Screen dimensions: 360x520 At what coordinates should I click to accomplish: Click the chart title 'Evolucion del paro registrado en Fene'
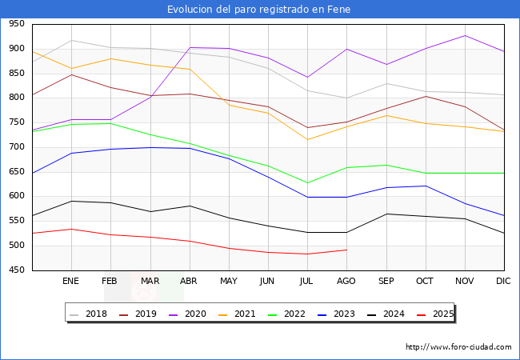point(259,10)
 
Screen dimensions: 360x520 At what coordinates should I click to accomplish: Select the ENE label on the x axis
point(71,281)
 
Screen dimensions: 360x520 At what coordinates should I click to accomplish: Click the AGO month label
point(346,281)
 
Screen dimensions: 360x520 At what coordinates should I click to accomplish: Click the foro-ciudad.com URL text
point(458,347)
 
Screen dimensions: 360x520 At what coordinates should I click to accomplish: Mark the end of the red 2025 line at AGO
point(346,250)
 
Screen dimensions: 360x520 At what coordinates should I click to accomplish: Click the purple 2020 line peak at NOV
point(465,35)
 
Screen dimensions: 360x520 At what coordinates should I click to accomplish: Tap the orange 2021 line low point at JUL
point(307,140)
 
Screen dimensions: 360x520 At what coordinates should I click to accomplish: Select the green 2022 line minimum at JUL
point(307,183)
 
